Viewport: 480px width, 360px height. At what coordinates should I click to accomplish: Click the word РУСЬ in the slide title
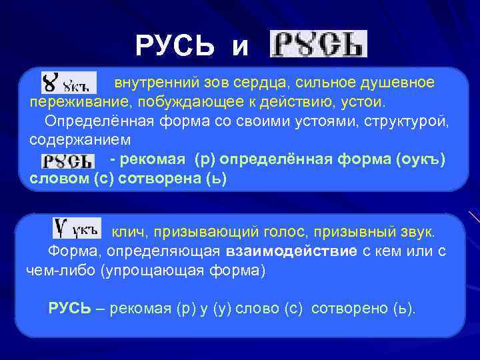(175, 46)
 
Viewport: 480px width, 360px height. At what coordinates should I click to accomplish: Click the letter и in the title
(240, 48)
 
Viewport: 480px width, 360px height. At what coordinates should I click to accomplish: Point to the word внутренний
(147, 83)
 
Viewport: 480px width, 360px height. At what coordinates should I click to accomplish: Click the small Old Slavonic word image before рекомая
(67, 161)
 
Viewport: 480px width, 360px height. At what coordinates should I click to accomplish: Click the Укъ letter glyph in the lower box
(76, 230)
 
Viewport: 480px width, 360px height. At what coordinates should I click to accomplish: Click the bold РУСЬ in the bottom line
(69, 309)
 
